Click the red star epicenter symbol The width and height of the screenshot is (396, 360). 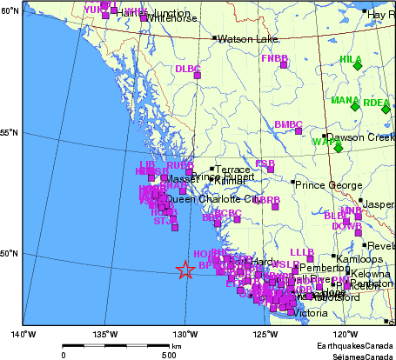point(185,270)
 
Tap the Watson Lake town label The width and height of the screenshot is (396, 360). point(246,39)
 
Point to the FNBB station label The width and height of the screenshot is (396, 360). point(274,58)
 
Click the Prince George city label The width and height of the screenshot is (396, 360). point(326,185)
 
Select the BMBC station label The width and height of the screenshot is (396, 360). point(288,124)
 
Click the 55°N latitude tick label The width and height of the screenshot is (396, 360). point(9,132)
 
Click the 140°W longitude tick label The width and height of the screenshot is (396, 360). point(23,333)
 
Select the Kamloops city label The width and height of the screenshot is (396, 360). point(357,259)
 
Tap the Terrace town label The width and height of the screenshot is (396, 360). point(232,170)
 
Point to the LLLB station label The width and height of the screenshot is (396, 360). point(301,251)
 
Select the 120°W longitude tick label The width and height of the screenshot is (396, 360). point(346,333)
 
